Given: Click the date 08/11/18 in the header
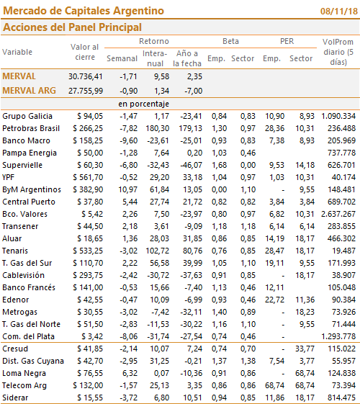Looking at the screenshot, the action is [339, 12].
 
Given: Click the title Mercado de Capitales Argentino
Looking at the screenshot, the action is [84, 11].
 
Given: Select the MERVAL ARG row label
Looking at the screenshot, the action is [29, 91].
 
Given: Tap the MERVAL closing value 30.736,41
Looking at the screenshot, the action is [86, 76].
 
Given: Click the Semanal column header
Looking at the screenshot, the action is [122, 58].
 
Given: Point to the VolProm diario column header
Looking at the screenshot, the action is [338, 52].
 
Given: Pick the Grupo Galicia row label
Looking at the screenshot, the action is [27, 116].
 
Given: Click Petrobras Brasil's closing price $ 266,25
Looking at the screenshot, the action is [88, 128].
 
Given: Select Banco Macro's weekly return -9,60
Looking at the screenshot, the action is [128, 140].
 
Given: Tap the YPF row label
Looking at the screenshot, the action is [8, 177].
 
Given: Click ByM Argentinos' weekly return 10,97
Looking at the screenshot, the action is [127, 189].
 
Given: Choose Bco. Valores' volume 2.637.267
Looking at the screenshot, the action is [338, 214].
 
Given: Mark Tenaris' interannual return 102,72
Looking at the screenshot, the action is [158, 251].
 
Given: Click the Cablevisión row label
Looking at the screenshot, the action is [24, 275].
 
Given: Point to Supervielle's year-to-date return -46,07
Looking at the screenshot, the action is [191, 165].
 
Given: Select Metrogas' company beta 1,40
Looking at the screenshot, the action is [219, 312].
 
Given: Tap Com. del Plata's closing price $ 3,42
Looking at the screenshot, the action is [92, 336].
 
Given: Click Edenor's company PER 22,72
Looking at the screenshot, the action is [275, 300].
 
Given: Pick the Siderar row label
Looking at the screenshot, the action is [15, 398].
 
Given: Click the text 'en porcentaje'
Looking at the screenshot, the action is [144, 104].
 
